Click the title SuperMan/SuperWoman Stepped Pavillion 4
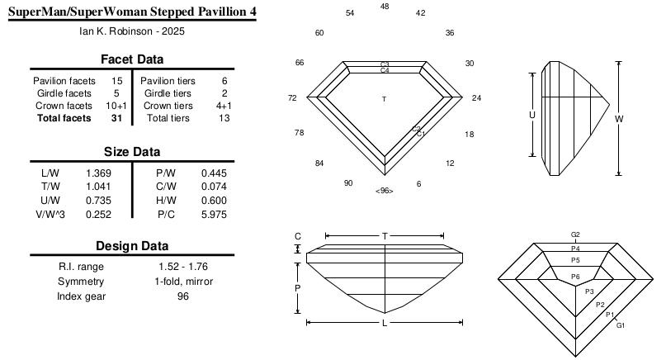point(132,12)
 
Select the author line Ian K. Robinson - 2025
point(132,31)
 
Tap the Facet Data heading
point(132,59)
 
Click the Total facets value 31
point(117,118)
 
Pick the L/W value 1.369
point(98,173)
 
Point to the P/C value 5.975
point(214,215)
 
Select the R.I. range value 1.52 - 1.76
point(183,267)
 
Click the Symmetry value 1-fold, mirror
point(183,282)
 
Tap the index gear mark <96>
point(385,191)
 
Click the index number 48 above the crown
point(385,7)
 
